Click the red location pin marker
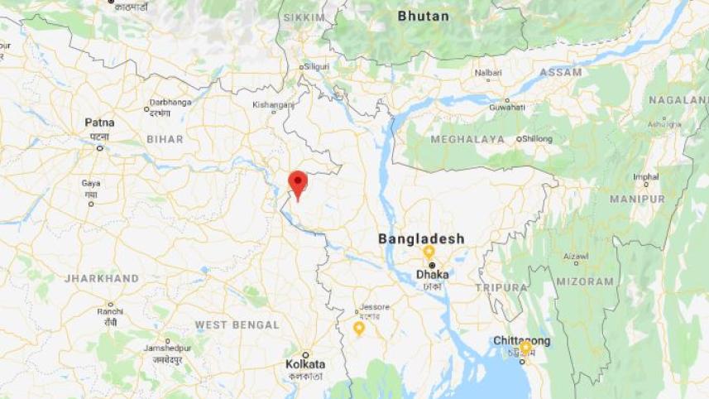pyautogui.click(x=298, y=182)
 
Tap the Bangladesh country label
pyautogui.click(x=421, y=238)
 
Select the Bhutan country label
pyautogui.click(x=423, y=16)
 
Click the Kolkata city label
pyautogui.click(x=305, y=364)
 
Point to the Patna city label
pyautogui.click(x=99, y=123)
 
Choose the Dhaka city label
pyautogui.click(x=433, y=273)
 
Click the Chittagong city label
pyautogui.click(x=521, y=340)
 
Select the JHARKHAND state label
pyautogui.click(x=102, y=279)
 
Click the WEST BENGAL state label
pyautogui.click(x=237, y=325)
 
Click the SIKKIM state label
pyautogui.click(x=304, y=17)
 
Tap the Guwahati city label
pyautogui.click(x=506, y=107)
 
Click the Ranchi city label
pyautogui.click(x=109, y=311)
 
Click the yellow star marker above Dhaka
pyautogui.click(x=429, y=251)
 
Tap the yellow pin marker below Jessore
pyautogui.click(x=359, y=328)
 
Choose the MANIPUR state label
pyautogui.click(x=637, y=199)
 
